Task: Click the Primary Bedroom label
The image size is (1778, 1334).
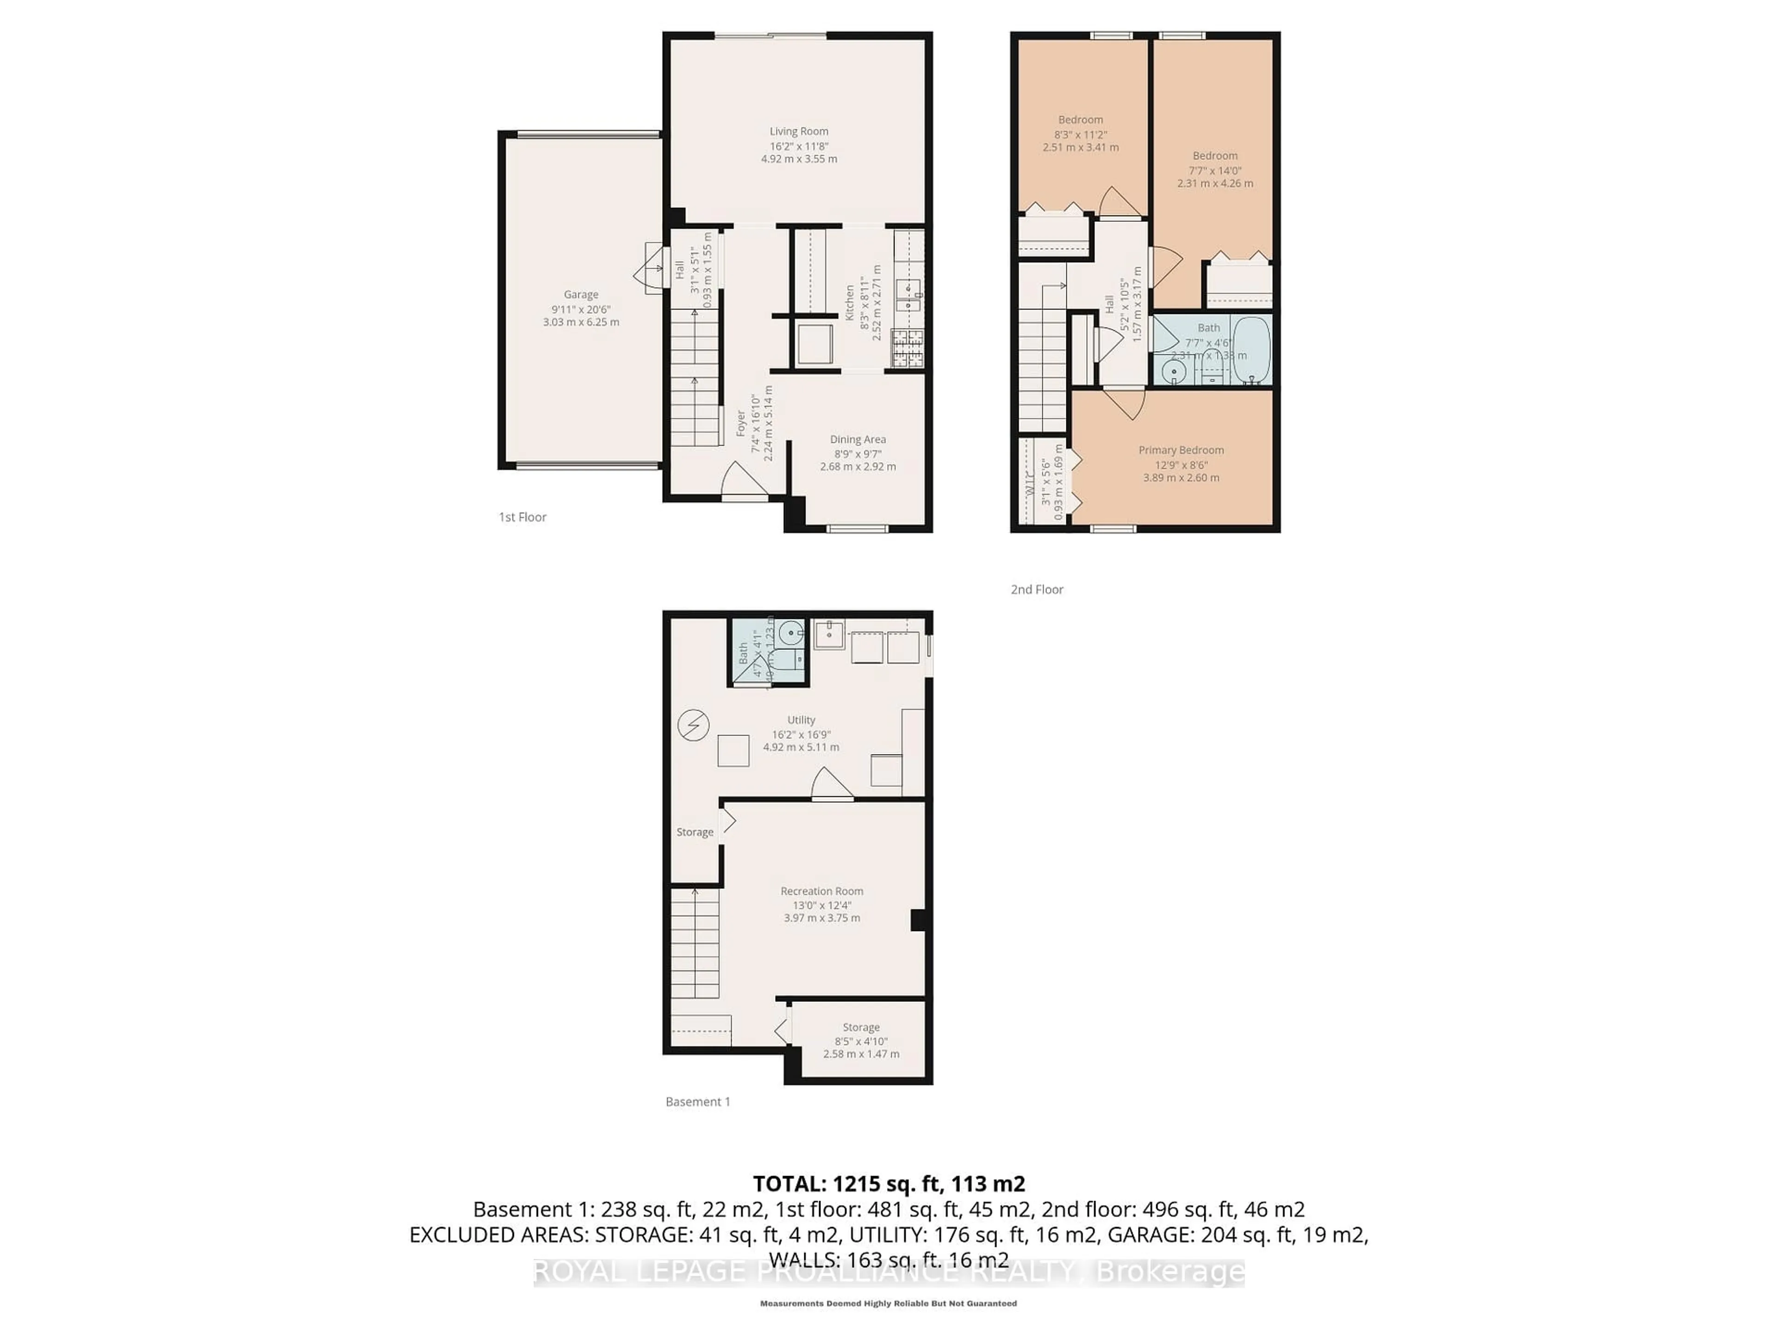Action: [x=1181, y=450]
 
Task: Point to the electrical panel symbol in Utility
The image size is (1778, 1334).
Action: [x=693, y=725]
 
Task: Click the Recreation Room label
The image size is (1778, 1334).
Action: [x=821, y=891]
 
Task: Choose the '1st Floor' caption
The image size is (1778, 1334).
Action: [x=522, y=517]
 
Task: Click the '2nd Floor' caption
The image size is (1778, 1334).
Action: [x=1036, y=589]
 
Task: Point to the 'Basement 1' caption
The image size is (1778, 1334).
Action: [x=698, y=1101]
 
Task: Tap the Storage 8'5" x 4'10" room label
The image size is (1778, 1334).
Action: [x=861, y=1028]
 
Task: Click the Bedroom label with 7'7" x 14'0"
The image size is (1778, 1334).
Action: [x=1215, y=156]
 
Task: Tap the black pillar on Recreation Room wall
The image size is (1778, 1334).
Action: [x=918, y=920]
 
